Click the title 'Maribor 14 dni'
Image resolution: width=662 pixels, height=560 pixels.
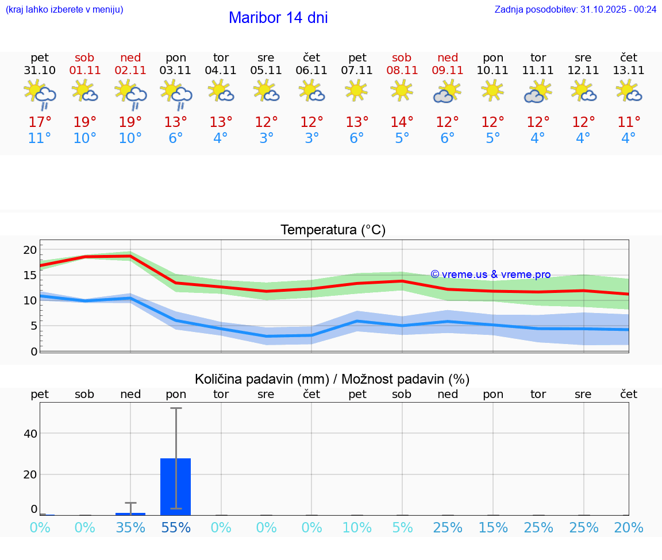tap(278, 18)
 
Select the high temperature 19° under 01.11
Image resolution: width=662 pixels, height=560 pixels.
tap(84, 122)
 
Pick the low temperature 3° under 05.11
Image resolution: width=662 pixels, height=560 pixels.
tap(266, 138)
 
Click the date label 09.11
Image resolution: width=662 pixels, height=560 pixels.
tap(448, 71)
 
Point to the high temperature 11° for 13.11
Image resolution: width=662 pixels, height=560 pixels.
tap(629, 122)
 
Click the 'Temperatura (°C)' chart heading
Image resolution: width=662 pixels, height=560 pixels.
tap(333, 230)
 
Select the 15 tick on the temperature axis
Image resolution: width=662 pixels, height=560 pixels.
tap(30, 275)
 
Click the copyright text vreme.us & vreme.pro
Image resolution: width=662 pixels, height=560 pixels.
tap(490, 275)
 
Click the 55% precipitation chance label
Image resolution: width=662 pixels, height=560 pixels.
tap(176, 528)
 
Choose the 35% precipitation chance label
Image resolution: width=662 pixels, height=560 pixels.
tap(130, 528)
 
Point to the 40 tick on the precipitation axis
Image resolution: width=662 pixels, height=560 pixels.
tap(30, 434)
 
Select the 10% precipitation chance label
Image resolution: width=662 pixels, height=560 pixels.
tap(357, 528)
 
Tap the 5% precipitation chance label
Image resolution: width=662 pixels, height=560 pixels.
tap(402, 528)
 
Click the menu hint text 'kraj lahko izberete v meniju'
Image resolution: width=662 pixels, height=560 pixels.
tap(64, 9)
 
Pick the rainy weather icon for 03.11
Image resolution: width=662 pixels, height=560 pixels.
tap(176, 94)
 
